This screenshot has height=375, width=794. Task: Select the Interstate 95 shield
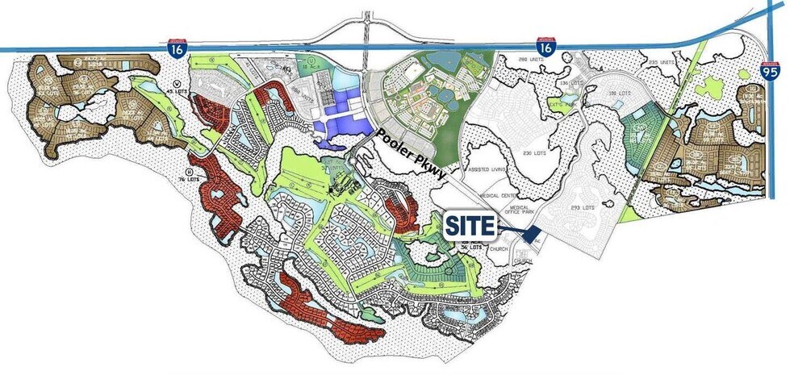point(770,73)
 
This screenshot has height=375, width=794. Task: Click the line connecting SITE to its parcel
point(507,231)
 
